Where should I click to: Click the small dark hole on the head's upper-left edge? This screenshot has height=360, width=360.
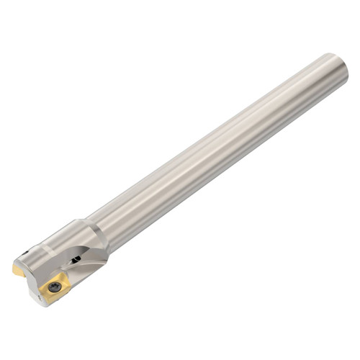[x=25, y=252]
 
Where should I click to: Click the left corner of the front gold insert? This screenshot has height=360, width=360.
[x=40, y=288]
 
